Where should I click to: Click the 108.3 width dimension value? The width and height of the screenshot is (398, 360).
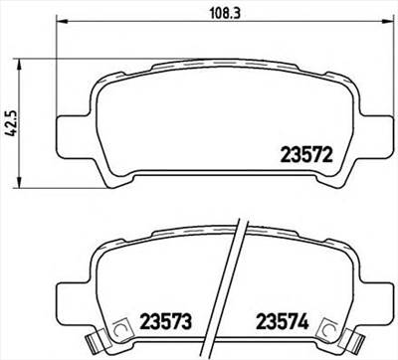coord(206,13)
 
